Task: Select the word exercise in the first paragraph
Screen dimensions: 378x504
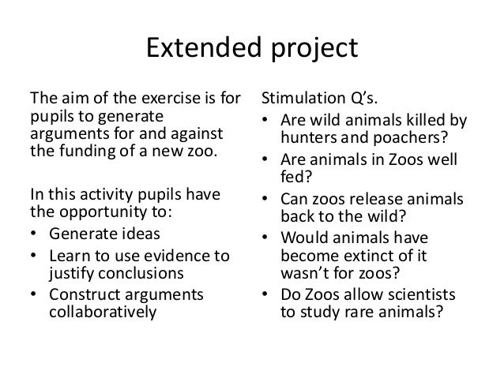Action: tap(146, 101)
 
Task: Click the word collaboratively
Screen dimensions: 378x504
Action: tap(103, 313)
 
